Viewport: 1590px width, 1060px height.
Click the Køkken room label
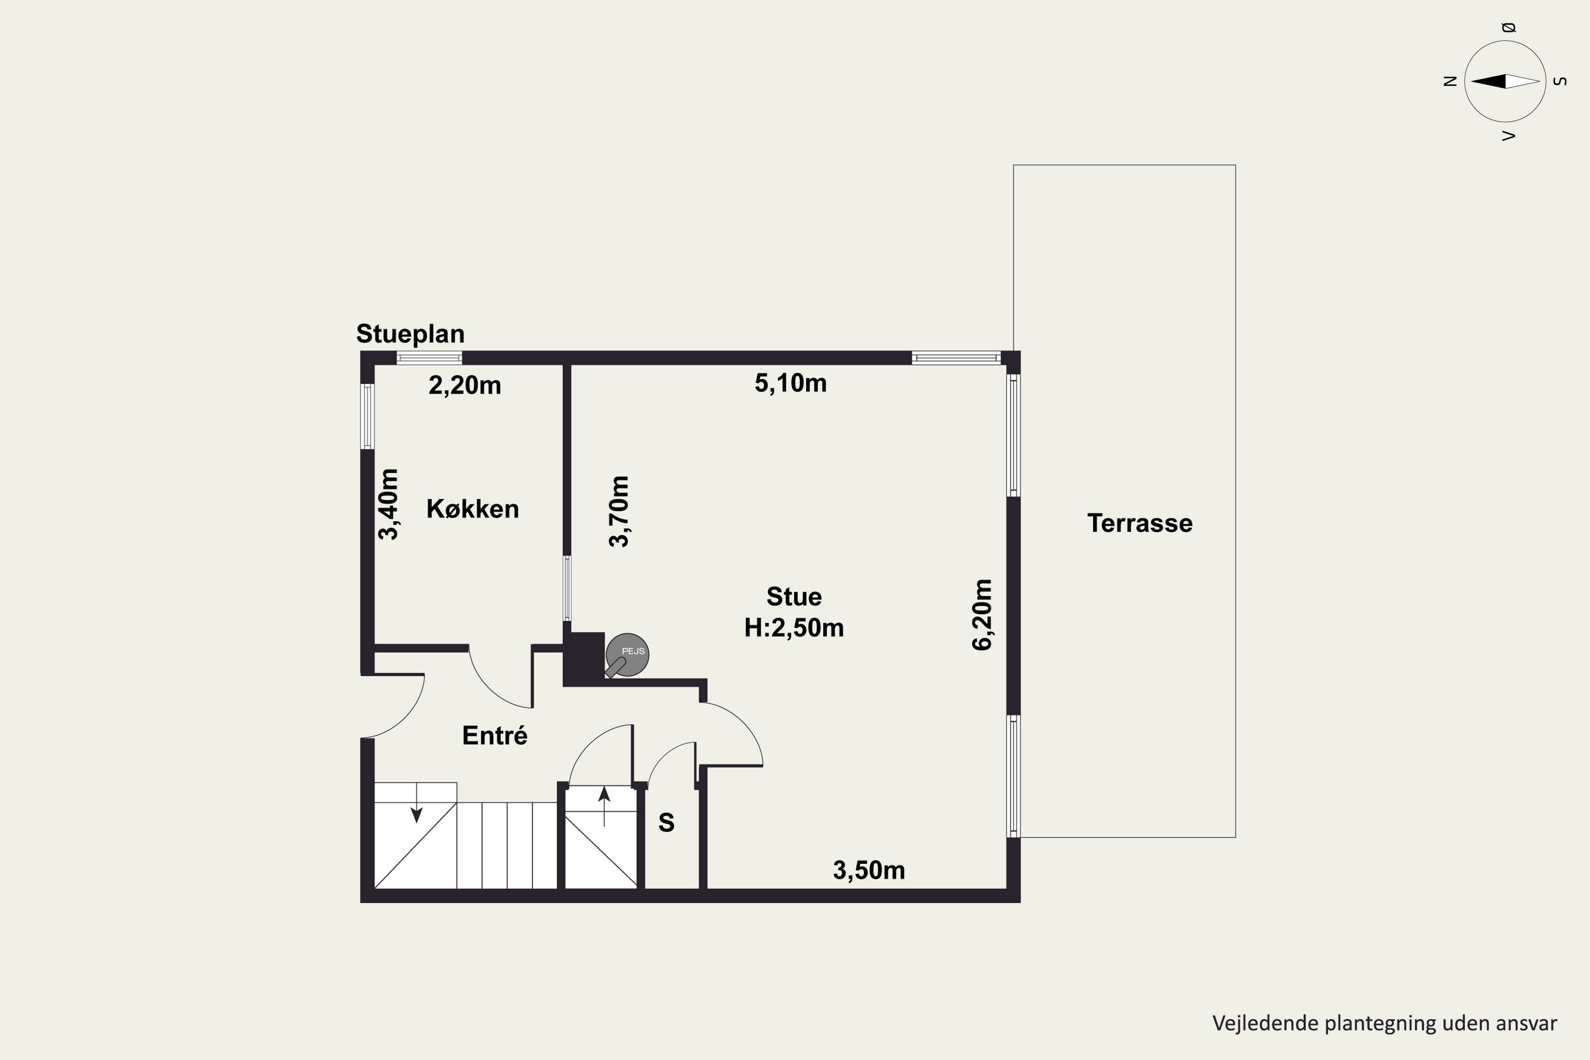click(x=473, y=508)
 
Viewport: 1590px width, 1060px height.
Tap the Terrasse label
click(x=1140, y=523)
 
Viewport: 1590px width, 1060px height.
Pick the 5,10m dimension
click(x=790, y=383)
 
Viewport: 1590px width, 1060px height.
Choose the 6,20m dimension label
click(x=982, y=614)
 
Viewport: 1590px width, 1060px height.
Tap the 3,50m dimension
click(x=869, y=871)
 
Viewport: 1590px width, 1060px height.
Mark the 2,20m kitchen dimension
click(x=465, y=385)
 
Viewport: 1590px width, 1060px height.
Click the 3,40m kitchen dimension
click(x=388, y=505)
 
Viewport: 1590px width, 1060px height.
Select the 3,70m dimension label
click(x=619, y=511)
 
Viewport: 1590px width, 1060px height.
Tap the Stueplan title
click(x=410, y=333)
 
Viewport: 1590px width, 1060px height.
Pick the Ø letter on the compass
click(x=1509, y=28)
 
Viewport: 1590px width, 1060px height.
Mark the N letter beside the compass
click(x=1450, y=81)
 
